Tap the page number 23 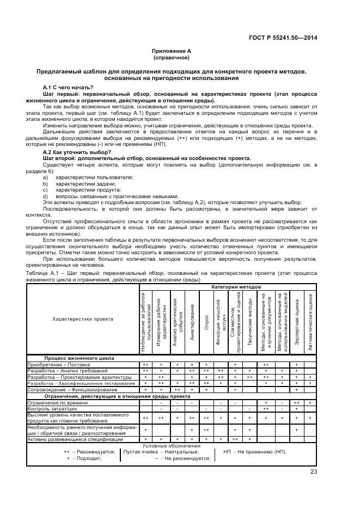tap(314, 472)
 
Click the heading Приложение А tap(172, 51)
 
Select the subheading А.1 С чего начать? tap(68, 88)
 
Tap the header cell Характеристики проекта tap(83, 319)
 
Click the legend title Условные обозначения tap(172, 445)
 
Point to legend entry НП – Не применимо tap(254, 452)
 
